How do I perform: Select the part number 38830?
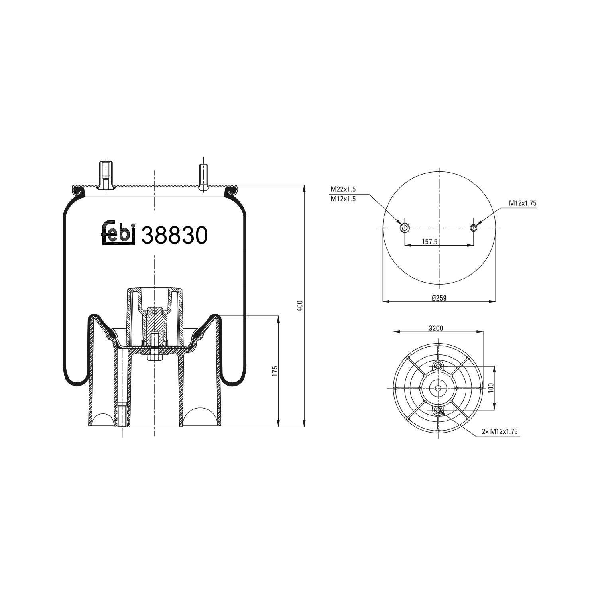click(x=175, y=235)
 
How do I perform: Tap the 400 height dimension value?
click(x=301, y=306)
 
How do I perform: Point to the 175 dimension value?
click(x=275, y=371)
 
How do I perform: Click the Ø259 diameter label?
click(x=439, y=298)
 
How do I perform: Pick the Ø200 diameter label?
click(x=436, y=328)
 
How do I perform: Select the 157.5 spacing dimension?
click(x=430, y=242)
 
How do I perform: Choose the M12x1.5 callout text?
click(x=343, y=199)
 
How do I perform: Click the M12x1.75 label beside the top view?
click(x=522, y=203)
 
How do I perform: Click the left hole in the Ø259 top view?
click(x=405, y=228)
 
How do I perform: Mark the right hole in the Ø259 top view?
click(x=474, y=228)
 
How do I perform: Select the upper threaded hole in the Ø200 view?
click(x=438, y=366)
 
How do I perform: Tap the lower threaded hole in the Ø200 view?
click(x=438, y=410)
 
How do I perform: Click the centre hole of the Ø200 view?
click(x=438, y=388)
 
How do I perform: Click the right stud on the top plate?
click(x=203, y=177)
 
